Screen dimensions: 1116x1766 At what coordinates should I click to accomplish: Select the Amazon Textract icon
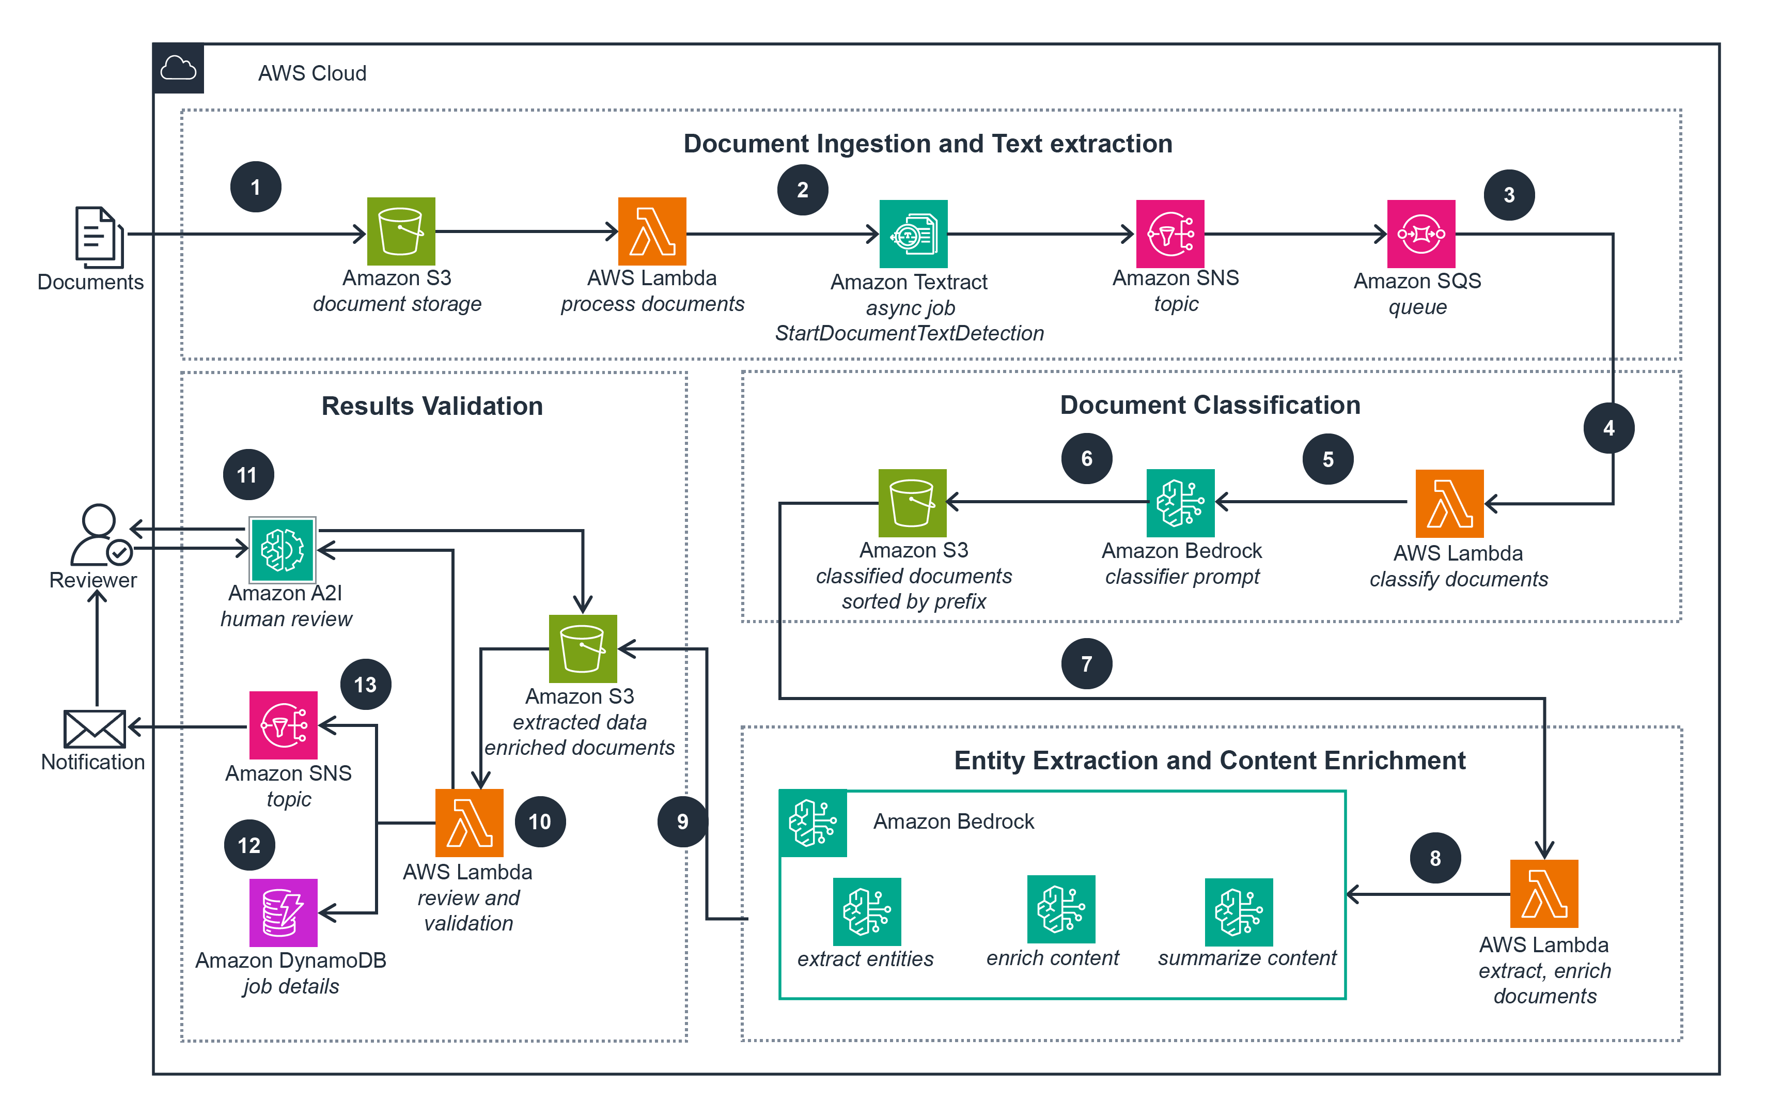[913, 234]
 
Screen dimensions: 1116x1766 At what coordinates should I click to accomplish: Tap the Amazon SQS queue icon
[1420, 234]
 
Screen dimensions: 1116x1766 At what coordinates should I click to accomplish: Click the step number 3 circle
[1509, 195]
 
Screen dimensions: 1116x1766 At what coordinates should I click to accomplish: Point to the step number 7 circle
[1086, 663]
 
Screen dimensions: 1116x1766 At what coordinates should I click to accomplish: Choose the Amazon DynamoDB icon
[283, 912]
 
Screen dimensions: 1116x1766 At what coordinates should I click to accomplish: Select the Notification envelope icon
[95, 729]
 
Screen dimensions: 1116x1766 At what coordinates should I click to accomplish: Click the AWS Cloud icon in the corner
[178, 69]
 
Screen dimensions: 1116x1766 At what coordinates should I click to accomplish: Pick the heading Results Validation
[432, 406]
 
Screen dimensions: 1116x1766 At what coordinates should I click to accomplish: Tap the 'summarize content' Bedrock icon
[1238, 912]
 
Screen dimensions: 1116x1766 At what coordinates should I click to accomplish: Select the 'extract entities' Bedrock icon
[867, 911]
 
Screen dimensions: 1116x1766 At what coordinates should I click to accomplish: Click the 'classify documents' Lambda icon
[1449, 503]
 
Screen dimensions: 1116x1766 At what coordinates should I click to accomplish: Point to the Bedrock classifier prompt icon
[1180, 503]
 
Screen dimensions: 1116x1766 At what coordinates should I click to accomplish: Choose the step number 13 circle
[365, 685]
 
